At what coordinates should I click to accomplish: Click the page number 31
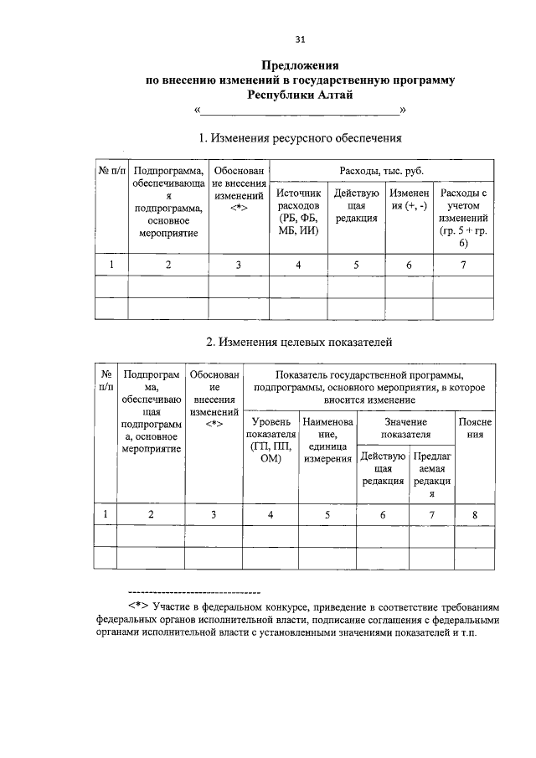tap(300, 39)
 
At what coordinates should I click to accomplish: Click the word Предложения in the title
tap(300, 65)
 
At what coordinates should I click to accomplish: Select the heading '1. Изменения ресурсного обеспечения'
tap(300, 137)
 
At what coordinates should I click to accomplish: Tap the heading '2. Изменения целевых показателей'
tap(299, 342)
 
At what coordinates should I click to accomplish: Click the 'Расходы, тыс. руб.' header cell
tap(381, 171)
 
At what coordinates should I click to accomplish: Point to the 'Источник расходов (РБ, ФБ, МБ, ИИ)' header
tap(298, 213)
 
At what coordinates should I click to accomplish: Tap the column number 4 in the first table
tap(298, 266)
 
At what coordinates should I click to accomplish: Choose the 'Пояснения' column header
tap(475, 429)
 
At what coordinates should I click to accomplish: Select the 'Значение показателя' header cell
tap(405, 429)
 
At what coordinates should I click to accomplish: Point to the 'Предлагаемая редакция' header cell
tap(432, 476)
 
